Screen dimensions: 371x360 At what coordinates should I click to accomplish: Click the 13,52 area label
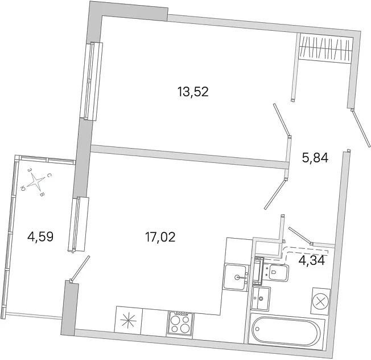tap(193, 92)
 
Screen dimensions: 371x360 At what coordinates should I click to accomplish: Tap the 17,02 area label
tap(160, 237)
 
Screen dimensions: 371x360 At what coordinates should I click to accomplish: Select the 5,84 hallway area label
tap(315, 158)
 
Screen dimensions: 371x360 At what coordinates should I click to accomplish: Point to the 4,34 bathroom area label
tap(312, 260)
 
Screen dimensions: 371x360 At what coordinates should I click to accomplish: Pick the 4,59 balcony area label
tap(40, 236)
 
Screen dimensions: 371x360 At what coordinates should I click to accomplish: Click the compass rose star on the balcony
tap(36, 182)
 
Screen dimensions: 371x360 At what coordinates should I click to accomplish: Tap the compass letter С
tap(48, 175)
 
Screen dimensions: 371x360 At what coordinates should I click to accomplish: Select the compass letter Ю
tap(23, 189)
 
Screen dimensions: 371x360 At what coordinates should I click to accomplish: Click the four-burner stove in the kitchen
tap(180, 324)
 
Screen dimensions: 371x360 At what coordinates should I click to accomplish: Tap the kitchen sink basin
tap(235, 277)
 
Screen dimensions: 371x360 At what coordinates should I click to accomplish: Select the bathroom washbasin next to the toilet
tap(261, 298)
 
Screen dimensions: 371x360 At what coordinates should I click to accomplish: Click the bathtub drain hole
tap(257, 329)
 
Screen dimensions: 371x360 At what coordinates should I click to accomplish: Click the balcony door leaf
tap(80, 268)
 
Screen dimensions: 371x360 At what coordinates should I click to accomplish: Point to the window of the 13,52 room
tap(92, 81)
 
